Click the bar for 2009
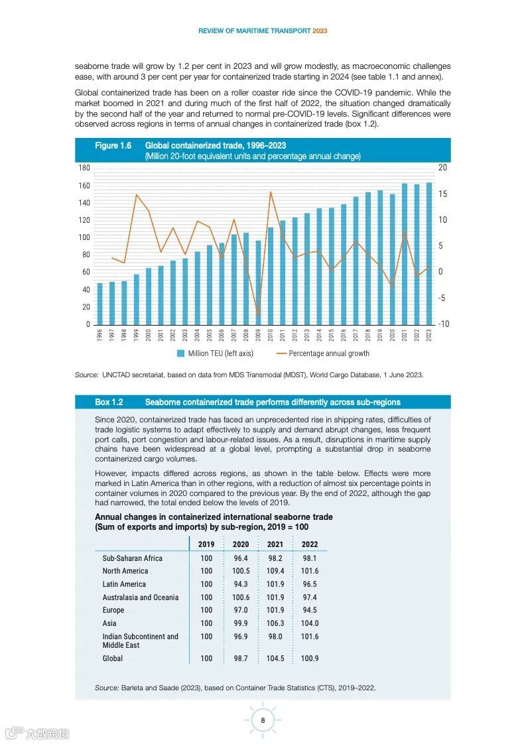pos(258,282)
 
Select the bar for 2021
pos(405,254)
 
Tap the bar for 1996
pos(99,304)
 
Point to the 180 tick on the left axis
pos(84,168)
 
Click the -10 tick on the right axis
pos(444,324)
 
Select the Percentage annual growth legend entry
pos(322,354)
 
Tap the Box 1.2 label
pos(109,403)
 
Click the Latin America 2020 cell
pos(241,584)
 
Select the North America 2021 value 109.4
pos(275,571)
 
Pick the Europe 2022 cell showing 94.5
pos(310,610)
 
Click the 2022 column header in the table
pos(310,544)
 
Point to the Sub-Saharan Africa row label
pos(132,558)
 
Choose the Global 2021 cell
pos(275,658)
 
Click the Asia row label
pos(109,623)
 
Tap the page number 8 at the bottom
pos(263,720)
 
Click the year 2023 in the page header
pos(320,31)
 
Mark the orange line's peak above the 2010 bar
pos(270,192)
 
